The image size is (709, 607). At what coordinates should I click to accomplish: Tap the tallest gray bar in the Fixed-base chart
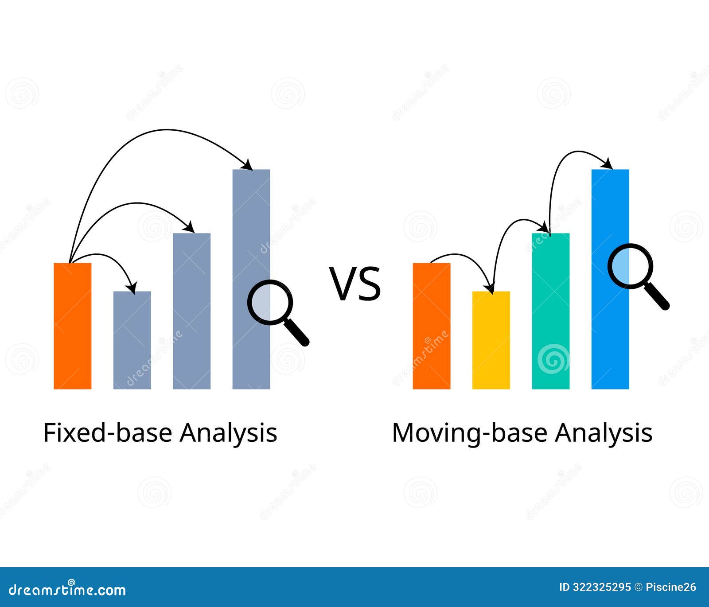(x=251, y=248)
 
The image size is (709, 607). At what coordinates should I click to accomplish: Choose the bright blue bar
(x=610, y=319)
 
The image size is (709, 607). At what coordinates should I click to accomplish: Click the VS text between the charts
(x=355, y=284)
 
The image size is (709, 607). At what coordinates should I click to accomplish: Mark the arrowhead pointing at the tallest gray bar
(x=248, y=166)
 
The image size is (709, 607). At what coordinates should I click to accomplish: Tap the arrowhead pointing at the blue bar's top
(x=608, y=165)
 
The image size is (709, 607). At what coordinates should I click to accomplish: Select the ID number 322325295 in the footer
(x=601, y=588)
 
